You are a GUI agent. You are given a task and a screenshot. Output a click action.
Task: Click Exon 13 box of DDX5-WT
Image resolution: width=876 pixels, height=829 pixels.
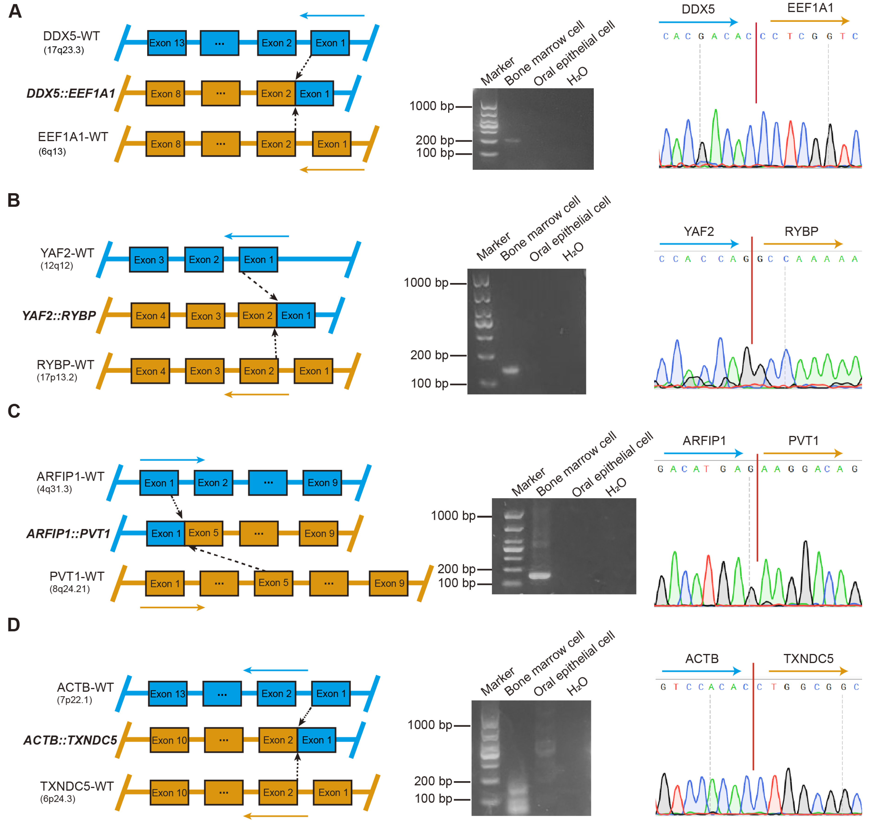click(167, 43)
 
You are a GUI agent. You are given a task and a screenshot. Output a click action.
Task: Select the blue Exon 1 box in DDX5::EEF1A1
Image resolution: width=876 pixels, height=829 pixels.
click(314, 94)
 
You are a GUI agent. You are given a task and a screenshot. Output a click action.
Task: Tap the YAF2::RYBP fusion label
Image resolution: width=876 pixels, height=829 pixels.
click(59, 315)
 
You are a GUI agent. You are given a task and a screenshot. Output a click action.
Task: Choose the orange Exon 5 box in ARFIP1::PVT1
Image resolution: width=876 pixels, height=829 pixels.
click(203, 533)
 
